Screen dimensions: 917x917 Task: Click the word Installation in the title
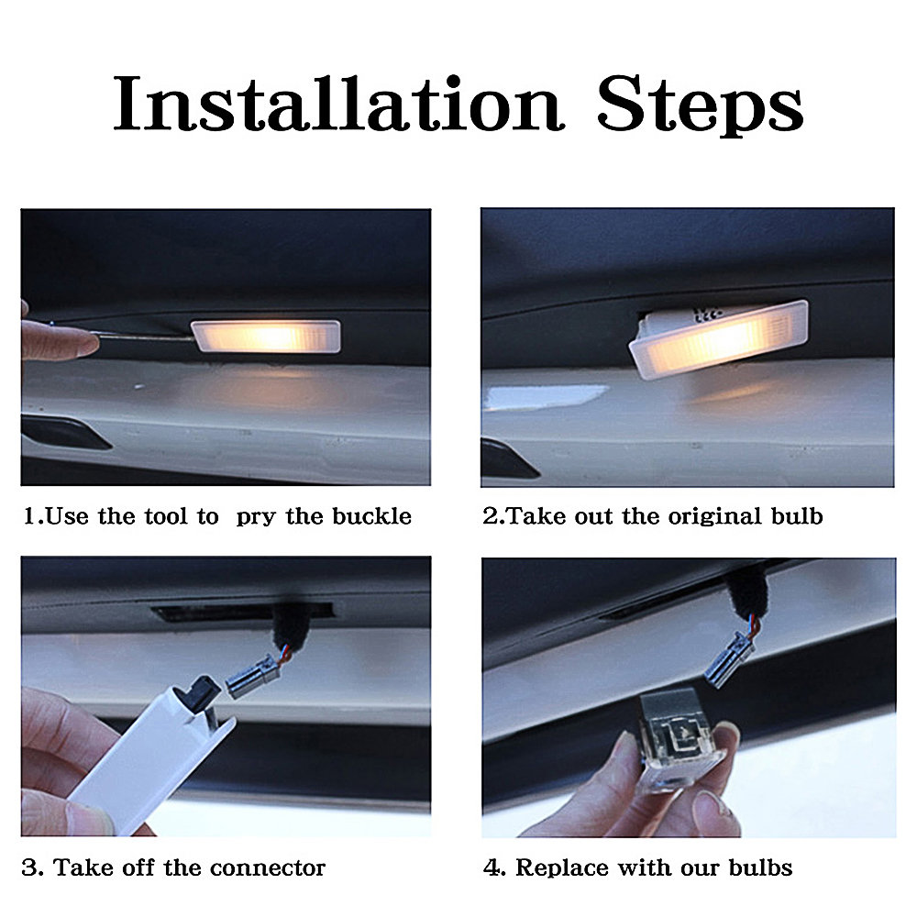[338, 104]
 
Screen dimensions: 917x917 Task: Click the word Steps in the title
[700, 106]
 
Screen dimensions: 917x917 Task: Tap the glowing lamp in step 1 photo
[266, 337]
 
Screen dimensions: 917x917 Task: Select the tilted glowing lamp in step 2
[718, 338]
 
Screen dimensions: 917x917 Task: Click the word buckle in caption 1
[372, 516]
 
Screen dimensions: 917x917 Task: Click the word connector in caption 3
[267, 867]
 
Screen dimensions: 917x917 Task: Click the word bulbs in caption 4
[760, 867]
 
